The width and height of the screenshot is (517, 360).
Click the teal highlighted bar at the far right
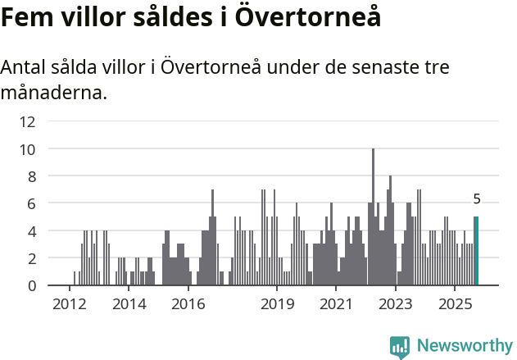point(476,251)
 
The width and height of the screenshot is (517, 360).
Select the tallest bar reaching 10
point(373,217)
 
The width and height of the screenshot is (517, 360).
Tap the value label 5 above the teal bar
point(476,199)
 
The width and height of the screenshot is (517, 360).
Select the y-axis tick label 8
point(31,176)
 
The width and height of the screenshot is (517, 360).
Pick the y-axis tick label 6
point(31,203)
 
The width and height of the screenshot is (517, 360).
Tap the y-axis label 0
point(31,285)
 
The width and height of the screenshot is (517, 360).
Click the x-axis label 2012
point(69,304)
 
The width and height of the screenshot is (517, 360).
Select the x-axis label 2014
point(129,304)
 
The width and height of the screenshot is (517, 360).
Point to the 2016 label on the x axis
point(188,304)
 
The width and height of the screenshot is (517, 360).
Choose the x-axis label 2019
point(278,304)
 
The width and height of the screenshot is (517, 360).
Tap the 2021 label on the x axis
point(337,304)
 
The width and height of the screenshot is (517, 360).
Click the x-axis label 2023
point(397,304)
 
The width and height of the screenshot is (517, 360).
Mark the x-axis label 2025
point(456,304)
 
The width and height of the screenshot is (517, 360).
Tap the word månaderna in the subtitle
point(53,93)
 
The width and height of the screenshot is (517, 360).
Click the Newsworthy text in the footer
point(464,346)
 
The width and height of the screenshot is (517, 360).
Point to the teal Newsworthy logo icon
point(400,346)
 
